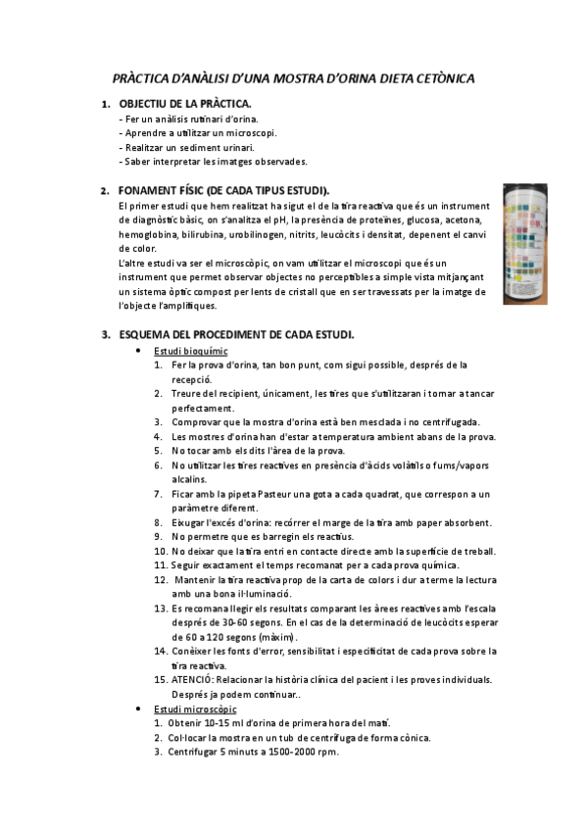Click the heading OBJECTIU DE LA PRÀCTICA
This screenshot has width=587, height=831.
tap(185, 103)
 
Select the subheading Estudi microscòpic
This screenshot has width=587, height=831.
tap(195, 709)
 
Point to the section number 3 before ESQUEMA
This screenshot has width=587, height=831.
tap(105, 334)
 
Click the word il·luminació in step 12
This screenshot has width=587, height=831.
tap(260, 594)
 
